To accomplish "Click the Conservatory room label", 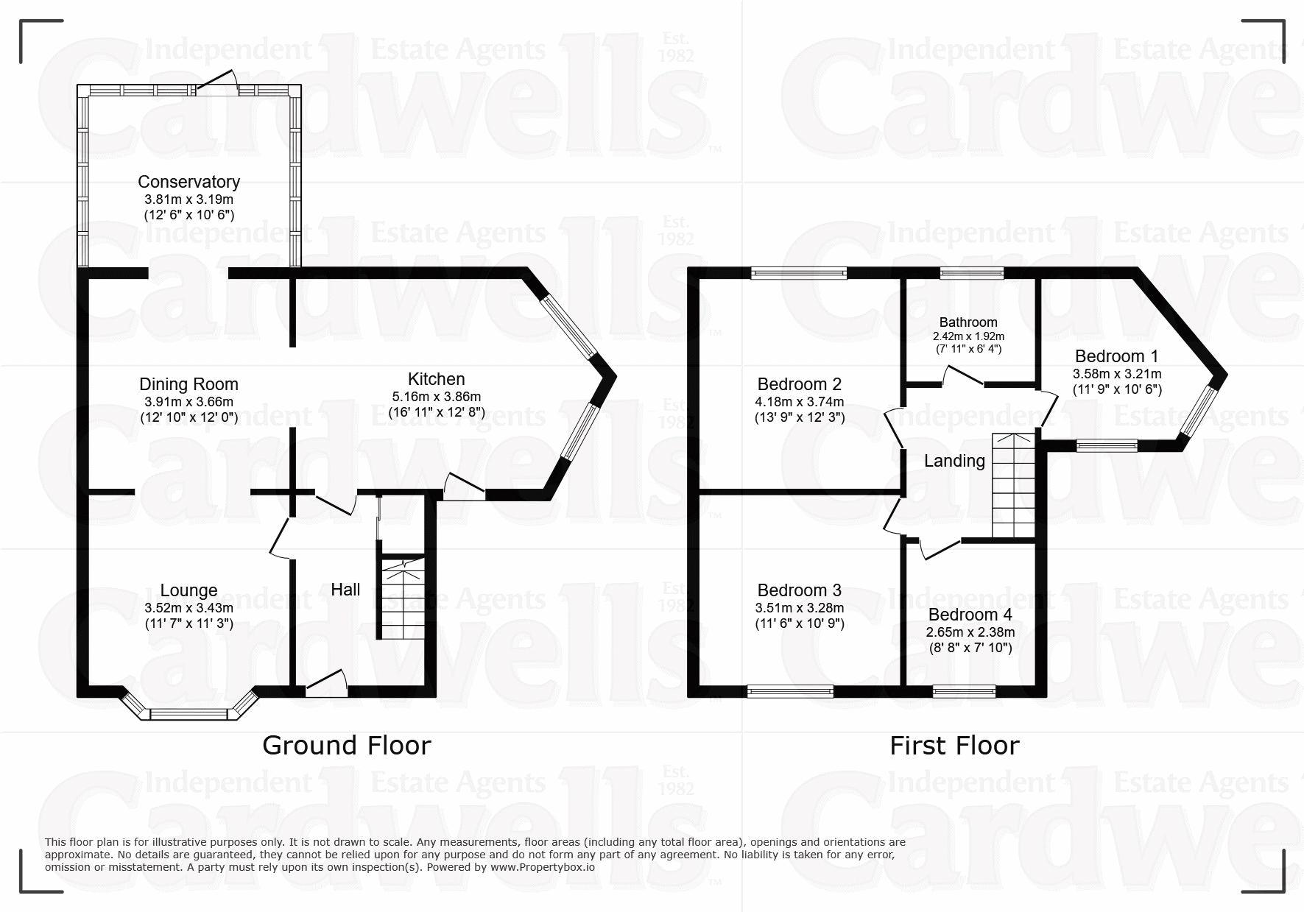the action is [188, 182].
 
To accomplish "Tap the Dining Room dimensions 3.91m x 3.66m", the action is [188, 402].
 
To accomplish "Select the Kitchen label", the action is [437, 379].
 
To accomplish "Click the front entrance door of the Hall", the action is [326, 684].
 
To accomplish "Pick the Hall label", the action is [345, 590].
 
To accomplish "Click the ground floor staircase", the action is [402, 598].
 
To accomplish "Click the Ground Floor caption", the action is [346, 746].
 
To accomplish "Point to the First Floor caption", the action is [954, 746].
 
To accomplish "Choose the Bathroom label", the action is [968, 322].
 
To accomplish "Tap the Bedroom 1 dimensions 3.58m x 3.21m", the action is [1117, 374].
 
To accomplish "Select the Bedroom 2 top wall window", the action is [799, 273].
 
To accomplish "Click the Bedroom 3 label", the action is [799, 590].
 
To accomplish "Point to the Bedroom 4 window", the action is [964, 691].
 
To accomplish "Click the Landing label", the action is [954, 461].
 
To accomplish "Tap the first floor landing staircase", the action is [1013, 486].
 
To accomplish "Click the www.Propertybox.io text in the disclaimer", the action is [542, 867].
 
